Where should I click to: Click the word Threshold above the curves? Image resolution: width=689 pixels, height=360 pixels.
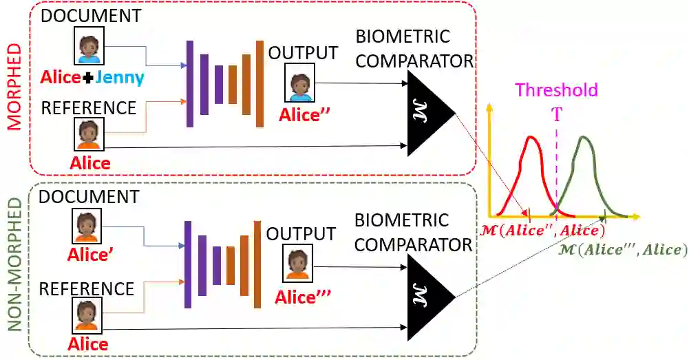coord(556,90)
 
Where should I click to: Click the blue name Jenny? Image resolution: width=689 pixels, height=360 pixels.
coord(120,78)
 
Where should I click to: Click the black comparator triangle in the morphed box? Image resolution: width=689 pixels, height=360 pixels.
coord(426,114)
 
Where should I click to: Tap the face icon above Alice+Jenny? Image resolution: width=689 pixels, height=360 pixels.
coord(89,45)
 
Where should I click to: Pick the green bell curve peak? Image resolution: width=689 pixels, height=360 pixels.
coord(584,138)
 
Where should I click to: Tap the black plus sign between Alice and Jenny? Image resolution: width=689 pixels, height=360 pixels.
coord(88,78)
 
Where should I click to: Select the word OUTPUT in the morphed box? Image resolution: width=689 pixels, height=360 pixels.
coord(304,53)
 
